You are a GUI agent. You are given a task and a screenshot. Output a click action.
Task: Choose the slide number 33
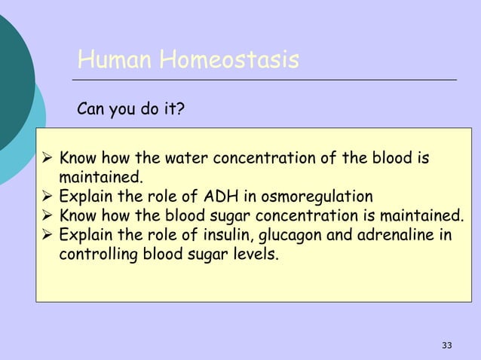tap(447, 345)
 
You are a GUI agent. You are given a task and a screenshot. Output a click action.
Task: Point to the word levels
tap(255, 256)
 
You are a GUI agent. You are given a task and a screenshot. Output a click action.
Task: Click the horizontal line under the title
tap(264, 79)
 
